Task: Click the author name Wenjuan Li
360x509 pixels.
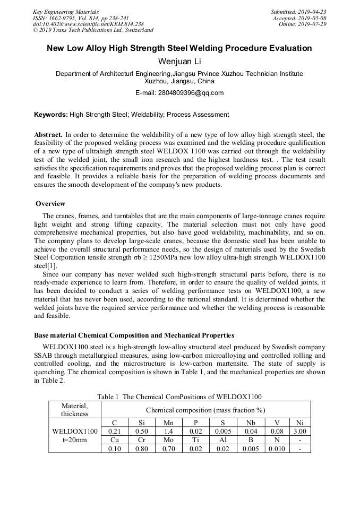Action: click(179, 62)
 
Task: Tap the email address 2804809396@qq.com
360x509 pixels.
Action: click(179, 92)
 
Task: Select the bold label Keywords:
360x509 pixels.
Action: click(51, 114)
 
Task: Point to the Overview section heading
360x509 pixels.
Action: click(50, 204)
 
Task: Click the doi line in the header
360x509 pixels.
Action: click(88, 24)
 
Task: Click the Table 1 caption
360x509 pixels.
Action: click(179, 396)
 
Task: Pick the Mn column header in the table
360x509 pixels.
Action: click(168, 423)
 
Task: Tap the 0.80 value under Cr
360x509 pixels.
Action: click(142, 448)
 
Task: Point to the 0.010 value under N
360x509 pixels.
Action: click(276, 448)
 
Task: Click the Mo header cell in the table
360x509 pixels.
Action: click(168, 440)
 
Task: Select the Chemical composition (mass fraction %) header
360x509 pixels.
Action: click(205, 410)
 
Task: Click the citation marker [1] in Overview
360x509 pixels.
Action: click(54, 265)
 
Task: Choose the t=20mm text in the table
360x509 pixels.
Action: click(74, 440)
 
